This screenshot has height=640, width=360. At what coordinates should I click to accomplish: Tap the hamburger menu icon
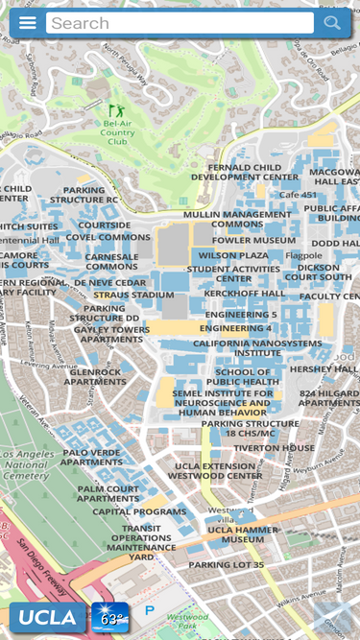[x=28, y=23]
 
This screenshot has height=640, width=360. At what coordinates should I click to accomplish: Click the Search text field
[x=180, y=23]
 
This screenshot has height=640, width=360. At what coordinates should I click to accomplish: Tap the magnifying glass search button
[x=332, y=23]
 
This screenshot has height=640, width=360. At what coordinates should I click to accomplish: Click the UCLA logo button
[x=47, y=618]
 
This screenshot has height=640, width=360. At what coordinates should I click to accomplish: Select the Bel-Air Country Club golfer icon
[x=116, y=111]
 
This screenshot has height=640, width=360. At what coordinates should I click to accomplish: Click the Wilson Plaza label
[x=233, y=255]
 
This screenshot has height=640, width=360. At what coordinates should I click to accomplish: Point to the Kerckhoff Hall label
[x=245, y=293]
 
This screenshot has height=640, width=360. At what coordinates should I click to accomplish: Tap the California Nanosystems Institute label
[x=257, y=347]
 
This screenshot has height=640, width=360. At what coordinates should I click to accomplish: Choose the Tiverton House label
[x=274, y=447]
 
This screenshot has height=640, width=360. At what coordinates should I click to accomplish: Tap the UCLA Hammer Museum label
[x=242, y=534]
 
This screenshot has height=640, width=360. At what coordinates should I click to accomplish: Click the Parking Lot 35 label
[x=226, y=564]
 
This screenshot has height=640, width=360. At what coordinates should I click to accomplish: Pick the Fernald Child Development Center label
[x=245, y=172]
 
